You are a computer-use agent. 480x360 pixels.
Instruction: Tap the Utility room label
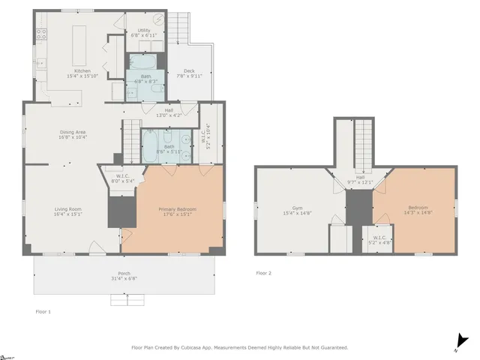pos(144,30)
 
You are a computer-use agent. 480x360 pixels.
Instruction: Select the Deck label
pos(189,70)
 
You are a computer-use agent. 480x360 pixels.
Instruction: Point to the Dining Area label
pos(73,133)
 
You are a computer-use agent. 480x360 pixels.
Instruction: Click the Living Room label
pos(67,208)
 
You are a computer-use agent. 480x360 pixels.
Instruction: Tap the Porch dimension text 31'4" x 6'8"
pos(124,277)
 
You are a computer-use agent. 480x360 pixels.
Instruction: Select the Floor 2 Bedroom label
pos(418,208)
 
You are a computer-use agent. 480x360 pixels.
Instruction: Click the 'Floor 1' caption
pos(43,310)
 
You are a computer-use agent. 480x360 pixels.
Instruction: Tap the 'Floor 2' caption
pos(263,273)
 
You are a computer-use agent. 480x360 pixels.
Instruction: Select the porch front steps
pos(124,299)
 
